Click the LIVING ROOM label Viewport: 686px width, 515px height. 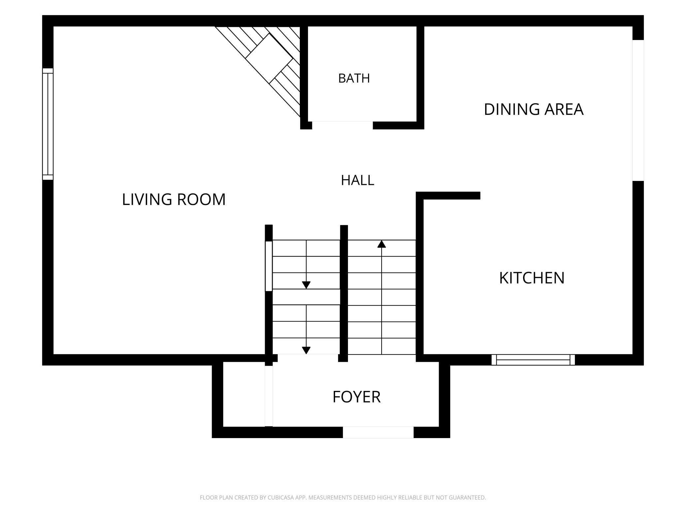click(x=174, y=199)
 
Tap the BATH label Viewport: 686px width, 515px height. click(x=354, y=78)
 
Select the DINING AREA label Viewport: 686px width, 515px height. click(x=534, y=109)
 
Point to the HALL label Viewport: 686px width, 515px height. click(x=358, y=180)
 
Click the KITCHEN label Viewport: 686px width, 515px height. click(x=532, y=278)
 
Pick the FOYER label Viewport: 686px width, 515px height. click(x=357, y=397)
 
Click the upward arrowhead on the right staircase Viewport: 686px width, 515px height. click(x=382, y=244)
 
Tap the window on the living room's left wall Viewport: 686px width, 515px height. click(x=48, y=124)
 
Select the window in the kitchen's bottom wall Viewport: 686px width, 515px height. click(x=533, y=360)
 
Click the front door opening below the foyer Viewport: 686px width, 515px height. click(x=378, y=432)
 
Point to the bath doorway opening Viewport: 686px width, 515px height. click(x=342, y=125)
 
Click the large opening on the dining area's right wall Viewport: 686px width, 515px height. click(x=638, y=110)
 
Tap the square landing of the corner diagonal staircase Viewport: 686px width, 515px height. click(x=269, y=58)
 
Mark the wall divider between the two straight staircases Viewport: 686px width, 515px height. click(x=344, y=293)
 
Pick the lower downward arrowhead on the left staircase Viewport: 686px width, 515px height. click(x=306, y=351)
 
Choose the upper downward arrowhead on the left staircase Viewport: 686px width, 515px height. click(x=306, y=285)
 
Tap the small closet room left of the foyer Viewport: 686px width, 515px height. click(x=244, y=394)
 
